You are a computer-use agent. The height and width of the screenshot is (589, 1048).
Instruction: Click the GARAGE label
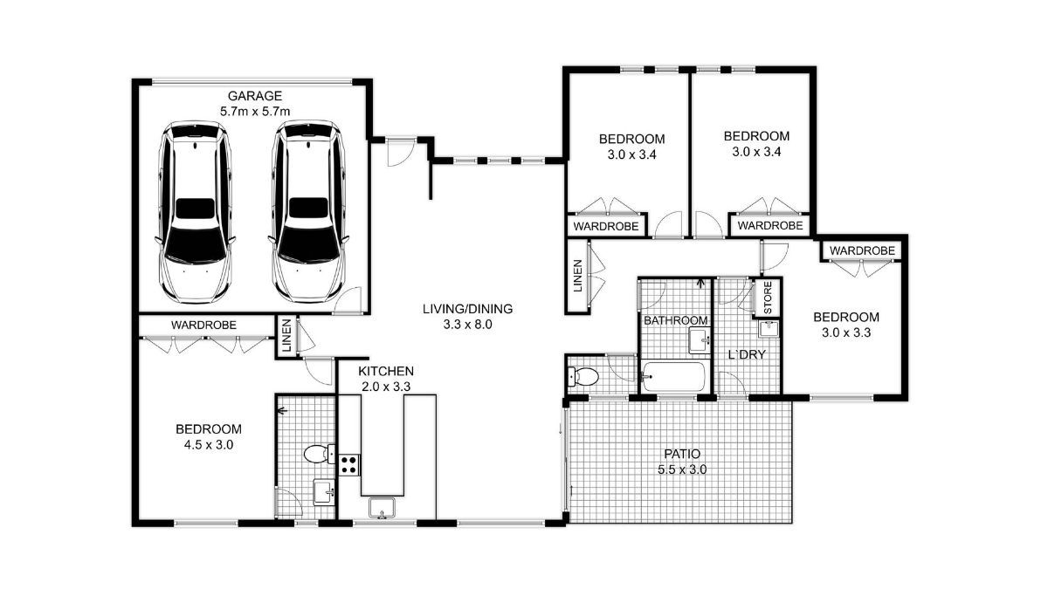tap(255, 95)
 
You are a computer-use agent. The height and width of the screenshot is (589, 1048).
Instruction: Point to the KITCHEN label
tap(385, 370)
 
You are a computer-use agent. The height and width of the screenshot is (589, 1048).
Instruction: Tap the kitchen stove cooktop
tap(349, 463)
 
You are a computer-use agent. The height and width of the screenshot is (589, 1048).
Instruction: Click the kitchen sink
tap(383, 507)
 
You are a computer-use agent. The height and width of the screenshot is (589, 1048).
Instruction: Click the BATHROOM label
tap(675, 320)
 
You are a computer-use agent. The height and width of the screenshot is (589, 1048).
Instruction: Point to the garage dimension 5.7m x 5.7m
tap(255, 111)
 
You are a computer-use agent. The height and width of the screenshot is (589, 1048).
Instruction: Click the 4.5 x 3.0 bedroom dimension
tap(209, 444)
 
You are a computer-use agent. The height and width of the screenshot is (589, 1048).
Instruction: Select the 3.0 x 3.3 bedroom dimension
tap(845, 332)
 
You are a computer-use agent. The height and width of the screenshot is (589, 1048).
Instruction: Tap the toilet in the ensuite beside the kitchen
tap(316, 454)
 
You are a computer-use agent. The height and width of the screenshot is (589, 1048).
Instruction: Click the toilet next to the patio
tap(583, 377)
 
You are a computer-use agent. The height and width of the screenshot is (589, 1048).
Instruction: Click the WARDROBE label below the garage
tap(203, 325)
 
